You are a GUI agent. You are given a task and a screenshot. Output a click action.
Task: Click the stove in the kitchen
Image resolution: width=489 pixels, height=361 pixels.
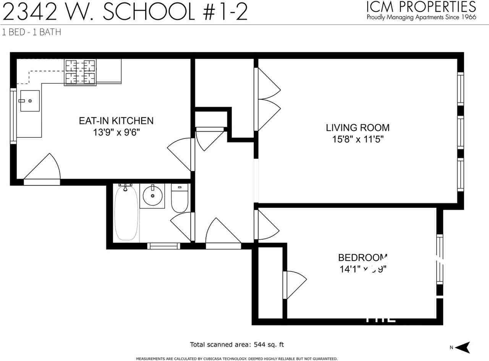[x=80, y=72]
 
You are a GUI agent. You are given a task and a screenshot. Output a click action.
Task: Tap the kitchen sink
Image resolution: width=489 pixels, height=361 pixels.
[x=29, y=101]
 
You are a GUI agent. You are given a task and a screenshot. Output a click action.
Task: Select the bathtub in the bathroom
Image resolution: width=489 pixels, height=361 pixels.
[x=126, y=213]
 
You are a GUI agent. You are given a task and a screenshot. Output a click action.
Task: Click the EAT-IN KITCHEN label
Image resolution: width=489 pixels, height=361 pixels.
[x=116, y=121]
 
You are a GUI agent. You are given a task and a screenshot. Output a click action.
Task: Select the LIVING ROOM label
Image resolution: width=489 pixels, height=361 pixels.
[x=358, y=127]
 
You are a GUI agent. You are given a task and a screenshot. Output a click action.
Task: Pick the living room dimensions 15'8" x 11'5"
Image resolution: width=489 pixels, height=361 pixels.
[x=358, y=139]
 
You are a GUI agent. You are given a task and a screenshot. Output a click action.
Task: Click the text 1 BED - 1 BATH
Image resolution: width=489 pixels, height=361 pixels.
[x=31, y=32]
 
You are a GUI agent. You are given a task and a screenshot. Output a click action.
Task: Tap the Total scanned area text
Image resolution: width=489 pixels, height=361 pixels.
[x=237, y=345]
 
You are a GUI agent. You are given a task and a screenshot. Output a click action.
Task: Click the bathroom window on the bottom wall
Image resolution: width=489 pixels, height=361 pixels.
[x=164, y=246]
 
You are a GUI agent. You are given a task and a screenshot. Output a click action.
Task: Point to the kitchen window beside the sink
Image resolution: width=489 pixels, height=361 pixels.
[x=13, y=116]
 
